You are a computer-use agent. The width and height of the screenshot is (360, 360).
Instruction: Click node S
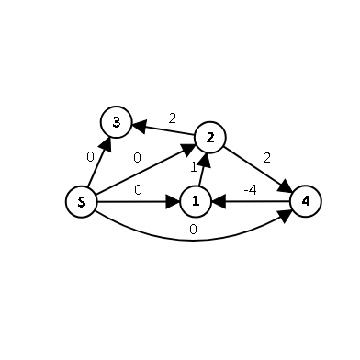point(82,202)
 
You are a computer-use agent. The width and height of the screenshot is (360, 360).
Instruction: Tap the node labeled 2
point(210,138)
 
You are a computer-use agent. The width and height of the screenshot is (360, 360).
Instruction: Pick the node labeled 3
point(116,122)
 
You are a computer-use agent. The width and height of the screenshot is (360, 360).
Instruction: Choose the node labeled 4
point(305,200)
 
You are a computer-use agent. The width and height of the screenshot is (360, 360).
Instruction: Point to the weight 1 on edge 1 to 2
point(194,167)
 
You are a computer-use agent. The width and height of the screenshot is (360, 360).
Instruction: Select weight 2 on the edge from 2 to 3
point(172,118)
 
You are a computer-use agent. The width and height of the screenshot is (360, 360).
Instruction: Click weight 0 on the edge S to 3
point(90,156)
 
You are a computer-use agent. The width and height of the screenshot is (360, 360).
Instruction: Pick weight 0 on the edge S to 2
point(137,158)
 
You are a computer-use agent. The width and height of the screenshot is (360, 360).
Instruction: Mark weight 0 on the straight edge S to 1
point(137,190)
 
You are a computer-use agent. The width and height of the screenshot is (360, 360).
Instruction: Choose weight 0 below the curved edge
point(193,230)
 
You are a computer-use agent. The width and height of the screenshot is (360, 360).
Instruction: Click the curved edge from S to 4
point(193,240)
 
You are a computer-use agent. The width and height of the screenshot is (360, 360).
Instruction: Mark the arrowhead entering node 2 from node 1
point(206,157)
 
